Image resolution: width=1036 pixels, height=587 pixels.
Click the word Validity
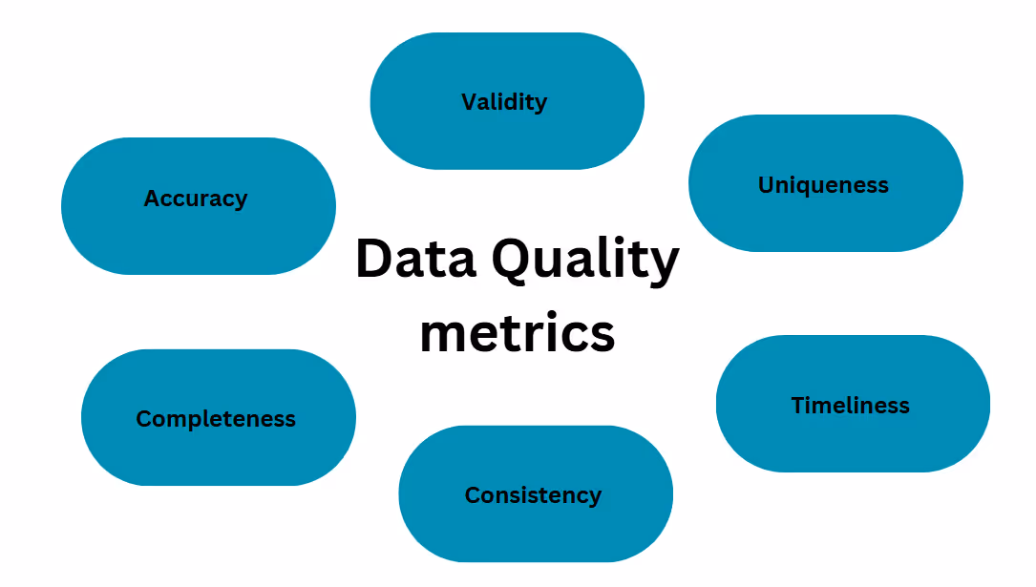(504, 102)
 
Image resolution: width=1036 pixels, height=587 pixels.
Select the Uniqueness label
(823, 185)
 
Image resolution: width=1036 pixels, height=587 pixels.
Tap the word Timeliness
(850, 406)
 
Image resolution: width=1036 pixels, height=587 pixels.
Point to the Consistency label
(533, 495)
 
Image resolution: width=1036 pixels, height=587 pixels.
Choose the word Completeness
(216, 419)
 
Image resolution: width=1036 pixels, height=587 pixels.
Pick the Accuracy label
(195, 199)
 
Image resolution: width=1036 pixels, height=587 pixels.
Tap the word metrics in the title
(517, 333)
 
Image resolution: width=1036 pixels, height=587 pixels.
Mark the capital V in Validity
(469, 101)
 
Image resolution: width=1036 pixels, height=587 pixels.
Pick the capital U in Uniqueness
(766, 185)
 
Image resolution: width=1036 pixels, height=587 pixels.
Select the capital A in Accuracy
(152, 199)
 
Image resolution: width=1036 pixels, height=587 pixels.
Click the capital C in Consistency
(473, 495)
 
